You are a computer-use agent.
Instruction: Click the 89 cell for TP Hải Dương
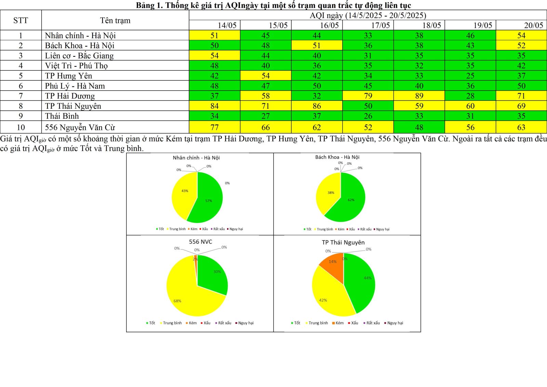tap(419, 96)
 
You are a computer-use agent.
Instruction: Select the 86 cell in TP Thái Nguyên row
tap(317, 106)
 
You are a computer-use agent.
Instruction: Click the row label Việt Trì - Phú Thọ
tap(76, 66)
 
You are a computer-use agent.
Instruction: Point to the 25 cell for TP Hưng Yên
tap(470, 76)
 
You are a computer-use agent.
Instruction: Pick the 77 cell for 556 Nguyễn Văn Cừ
tap(214, 128)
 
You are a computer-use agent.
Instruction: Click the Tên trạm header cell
tap(115, 21)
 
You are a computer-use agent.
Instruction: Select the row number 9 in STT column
tap(21, 116)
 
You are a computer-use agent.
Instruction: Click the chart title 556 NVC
tap(200, 242)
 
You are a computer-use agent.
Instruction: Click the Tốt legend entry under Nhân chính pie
tap(160, 229)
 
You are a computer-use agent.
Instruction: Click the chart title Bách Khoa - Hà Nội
tap(337, 157)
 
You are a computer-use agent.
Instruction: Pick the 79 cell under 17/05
tap(368, 96)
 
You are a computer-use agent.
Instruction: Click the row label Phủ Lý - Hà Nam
tap(75, 86)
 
